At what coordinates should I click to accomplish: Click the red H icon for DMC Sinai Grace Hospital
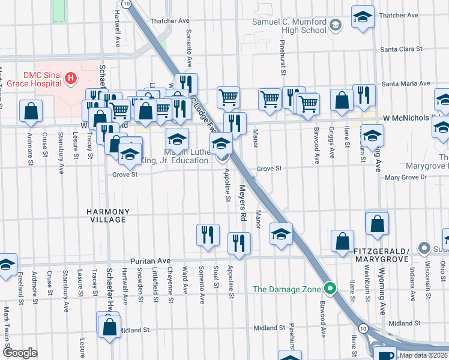pyautogui.click(x=71, y=78)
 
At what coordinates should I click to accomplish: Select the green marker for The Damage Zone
pyautogui.click(x=329, y=289)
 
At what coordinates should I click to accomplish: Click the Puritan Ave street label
pyautogui.click(x=151, y=262)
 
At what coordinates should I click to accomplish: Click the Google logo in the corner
pyautogui.click(x=20, y=353)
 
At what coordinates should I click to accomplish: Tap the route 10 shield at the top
pyautogui.click(x=125, y=4)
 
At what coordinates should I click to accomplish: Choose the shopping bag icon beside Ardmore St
pyautogui.click(x=31, y=110)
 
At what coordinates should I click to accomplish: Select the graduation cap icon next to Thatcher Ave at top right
pyautogui.click(x=363, y=17)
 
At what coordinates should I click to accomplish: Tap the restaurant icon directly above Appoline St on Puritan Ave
pyautogui.click(x=240, y=243)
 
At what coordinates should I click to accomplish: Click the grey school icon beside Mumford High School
pyautogui.click(x=335, y=25)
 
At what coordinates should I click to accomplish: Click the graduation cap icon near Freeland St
pyautogui.click(x=6, y=263)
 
